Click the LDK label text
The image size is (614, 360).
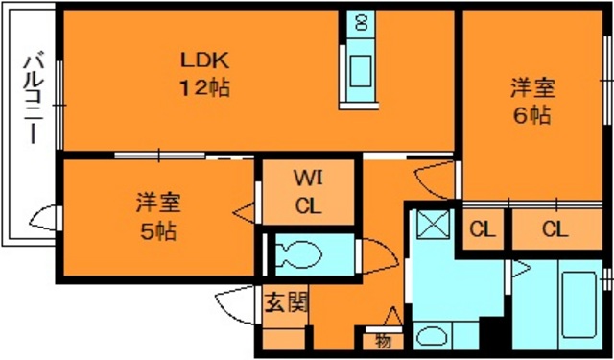(x=203, y=60)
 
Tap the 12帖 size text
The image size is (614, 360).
(x=204, y=87)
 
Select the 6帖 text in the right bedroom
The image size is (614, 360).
(x=532, y=115)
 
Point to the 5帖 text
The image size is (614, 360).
(x=157, y=232)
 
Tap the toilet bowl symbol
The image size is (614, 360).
(x=298, y=254)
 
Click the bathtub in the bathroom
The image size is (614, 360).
(x=579, y=304)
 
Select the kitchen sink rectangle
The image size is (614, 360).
(x=361, y=71)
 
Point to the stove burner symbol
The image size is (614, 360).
(x=361, y=23)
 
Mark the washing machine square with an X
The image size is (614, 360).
(x=433, y=224)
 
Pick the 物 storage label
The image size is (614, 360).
(x=384, y=342)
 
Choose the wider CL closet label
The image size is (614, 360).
(x=555, y=230)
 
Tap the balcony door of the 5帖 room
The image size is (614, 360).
(x=44, y=218)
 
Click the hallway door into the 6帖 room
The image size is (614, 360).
(x=436, y=180)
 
